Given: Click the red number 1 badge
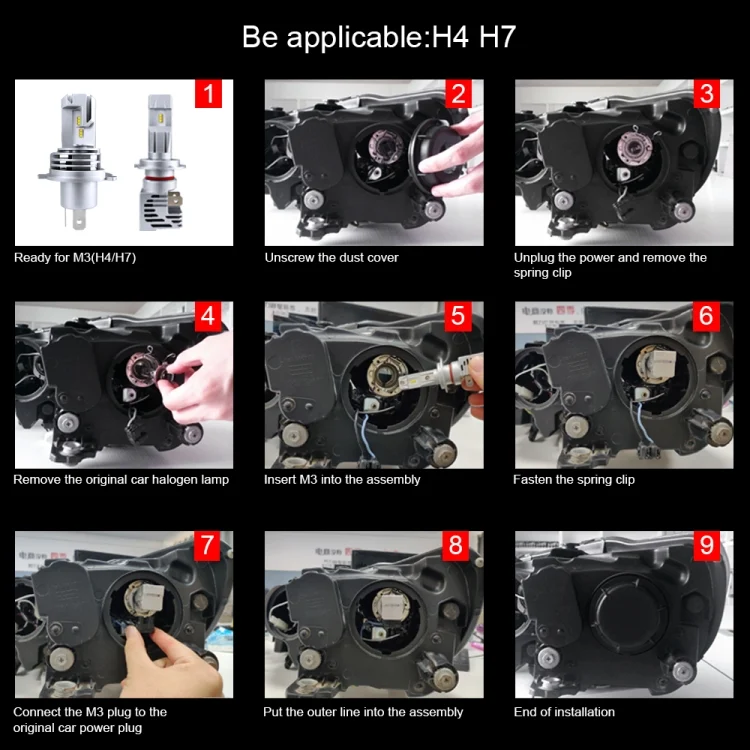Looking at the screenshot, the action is [x=208, y=94].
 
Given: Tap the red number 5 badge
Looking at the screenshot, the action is [x=458, y=316].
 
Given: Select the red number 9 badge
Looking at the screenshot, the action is [x=706, y=545].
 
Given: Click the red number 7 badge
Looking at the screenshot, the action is [x=207, y=545].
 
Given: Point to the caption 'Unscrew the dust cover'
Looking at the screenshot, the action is [x=331, y=258].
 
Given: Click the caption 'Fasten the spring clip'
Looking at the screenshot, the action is [x=574, y=480].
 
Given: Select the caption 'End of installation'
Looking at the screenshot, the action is [x=564, y=712].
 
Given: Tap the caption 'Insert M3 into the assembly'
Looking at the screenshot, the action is [x=342, y=480].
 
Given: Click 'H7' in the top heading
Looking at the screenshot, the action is [x=497, y=37].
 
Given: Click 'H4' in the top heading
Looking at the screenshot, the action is [x=450, y=37].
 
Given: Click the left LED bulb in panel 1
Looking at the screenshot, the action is [x=77, y=161].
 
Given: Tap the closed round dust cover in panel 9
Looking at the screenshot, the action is [x=628, y=616].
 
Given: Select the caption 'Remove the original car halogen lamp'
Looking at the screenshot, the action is [x=121, y=480].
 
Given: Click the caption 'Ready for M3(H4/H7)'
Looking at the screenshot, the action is [x=75, y=258].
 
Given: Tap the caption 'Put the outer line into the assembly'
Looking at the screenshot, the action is [x=363, y=712].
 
